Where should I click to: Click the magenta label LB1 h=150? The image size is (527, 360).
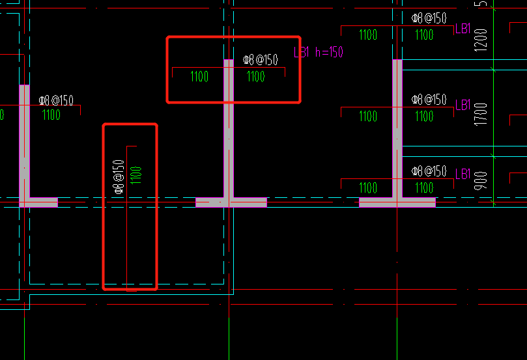[x=319, y=52]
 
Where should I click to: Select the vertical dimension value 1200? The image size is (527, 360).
[x=481, y=40]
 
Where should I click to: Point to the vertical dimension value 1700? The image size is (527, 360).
[x=481, y=115]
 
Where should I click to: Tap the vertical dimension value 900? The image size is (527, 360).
[x=481, y=181]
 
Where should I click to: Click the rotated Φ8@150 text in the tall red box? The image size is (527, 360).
[x=119, y=176]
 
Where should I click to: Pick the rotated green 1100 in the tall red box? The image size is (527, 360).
[x=135, y=175]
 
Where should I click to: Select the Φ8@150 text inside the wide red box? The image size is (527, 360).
[x=261, y=60]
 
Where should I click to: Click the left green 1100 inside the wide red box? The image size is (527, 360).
[x=199, y=77]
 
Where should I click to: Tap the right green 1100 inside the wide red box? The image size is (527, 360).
[x=256, y=77]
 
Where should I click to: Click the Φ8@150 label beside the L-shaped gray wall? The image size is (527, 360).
[x=56, y=100]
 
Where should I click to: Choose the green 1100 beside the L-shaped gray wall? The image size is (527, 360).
[x=51, y=115]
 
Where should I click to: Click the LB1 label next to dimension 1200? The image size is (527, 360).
[x=463, y=29]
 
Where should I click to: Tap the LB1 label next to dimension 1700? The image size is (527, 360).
[x=463, y=105]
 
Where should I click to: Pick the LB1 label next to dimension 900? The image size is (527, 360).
[x=463, y=174]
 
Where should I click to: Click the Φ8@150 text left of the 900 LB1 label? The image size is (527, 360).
[x=429, y=171]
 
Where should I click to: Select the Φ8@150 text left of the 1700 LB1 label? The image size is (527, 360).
[x=429, y=100]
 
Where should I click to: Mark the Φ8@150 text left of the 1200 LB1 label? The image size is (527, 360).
[x=429, y=18]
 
